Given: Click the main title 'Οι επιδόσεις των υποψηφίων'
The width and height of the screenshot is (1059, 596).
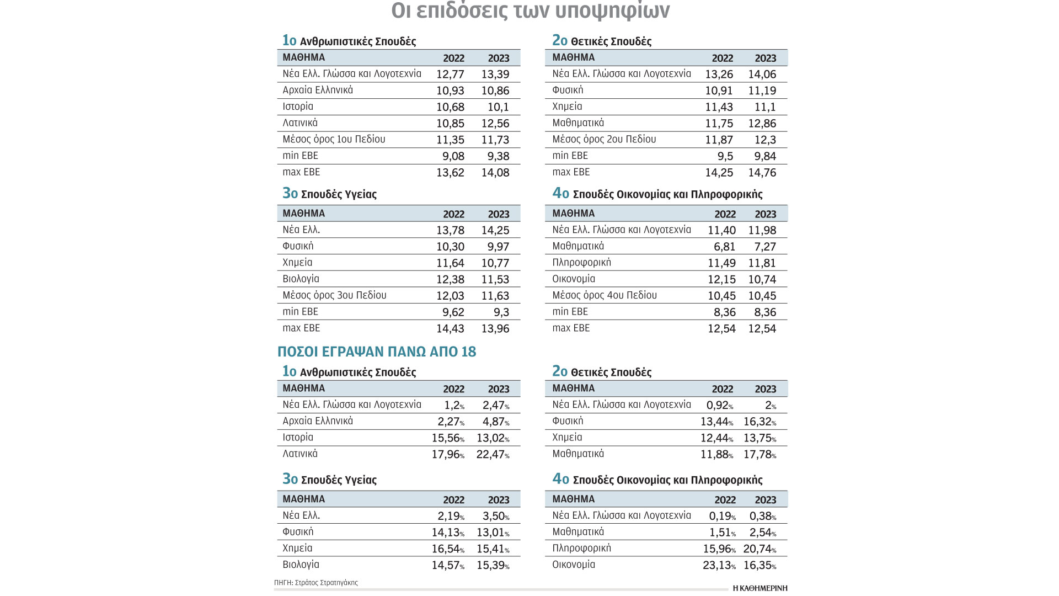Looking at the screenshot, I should pos(530,10).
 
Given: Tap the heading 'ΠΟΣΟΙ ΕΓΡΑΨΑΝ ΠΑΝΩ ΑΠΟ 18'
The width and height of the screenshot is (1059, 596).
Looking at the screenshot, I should pos(376,352).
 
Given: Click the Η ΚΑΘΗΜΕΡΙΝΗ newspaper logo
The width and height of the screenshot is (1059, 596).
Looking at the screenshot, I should pos(760,588).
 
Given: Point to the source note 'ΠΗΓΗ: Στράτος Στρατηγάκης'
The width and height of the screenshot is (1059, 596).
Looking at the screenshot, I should pos(316,583).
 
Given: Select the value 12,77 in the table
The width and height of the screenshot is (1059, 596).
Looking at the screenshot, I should pos(450,74).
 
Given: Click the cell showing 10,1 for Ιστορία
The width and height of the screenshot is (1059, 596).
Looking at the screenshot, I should pos(498,107).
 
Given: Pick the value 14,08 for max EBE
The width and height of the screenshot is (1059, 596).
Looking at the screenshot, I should pos(495,173).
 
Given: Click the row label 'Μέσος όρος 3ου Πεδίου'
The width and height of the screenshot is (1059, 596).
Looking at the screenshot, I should pos(334,296).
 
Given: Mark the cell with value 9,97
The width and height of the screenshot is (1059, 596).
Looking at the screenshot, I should pos(498,247).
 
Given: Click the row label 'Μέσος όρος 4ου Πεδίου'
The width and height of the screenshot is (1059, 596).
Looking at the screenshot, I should pos(605,296).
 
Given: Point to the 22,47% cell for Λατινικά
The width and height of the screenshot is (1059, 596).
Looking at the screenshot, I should pos(492,455).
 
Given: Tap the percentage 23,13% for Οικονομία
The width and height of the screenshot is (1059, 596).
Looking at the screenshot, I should pos(719,566).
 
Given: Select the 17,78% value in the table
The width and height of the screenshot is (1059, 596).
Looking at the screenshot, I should pos(760,455).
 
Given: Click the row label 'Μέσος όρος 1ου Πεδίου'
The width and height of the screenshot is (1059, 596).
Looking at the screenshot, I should pos(334,140).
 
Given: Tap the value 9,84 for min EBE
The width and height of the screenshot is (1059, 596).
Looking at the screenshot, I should pos(765,156).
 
